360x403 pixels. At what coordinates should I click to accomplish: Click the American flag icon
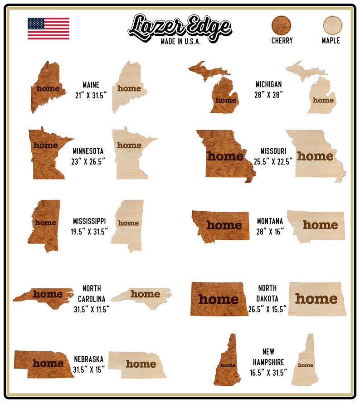(49, 29)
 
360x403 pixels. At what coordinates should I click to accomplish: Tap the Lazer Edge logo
(180, 26)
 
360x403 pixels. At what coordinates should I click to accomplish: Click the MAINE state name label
(91, 85)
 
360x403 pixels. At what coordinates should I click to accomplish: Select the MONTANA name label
(270, 221)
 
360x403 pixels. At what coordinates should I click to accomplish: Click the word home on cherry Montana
(224, 225)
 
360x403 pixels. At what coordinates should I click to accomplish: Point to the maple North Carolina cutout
(143, 296)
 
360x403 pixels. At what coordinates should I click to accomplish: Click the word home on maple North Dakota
(316, 299)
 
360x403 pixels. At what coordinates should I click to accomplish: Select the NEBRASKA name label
(89, 359)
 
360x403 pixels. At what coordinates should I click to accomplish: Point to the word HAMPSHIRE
(268, 362)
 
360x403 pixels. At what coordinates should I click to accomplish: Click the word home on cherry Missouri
(225, 157)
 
